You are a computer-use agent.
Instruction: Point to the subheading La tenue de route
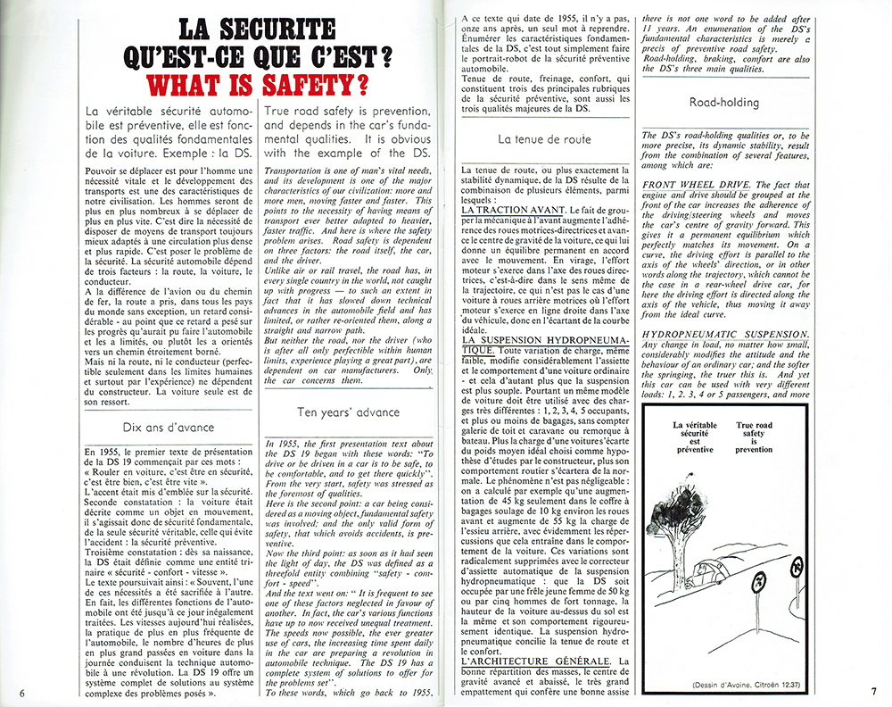pyautogui.click(x=544, y=139)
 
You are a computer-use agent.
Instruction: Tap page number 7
pyautogui.click(x=874, y=692)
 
